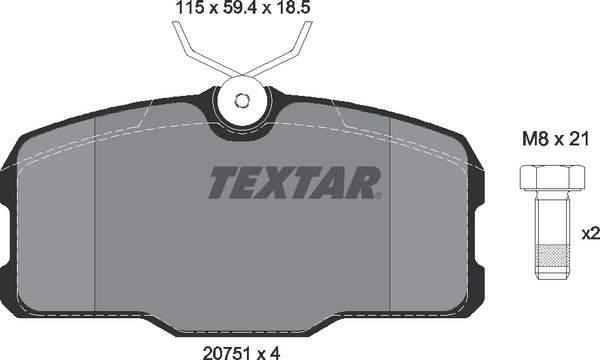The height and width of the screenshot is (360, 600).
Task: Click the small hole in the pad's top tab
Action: click(241, 100)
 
